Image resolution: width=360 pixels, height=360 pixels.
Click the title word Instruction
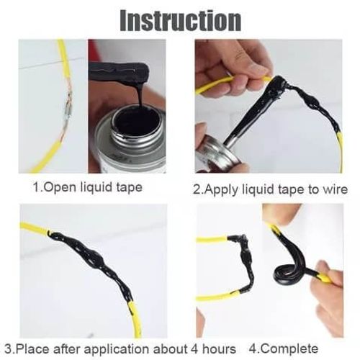180,19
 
